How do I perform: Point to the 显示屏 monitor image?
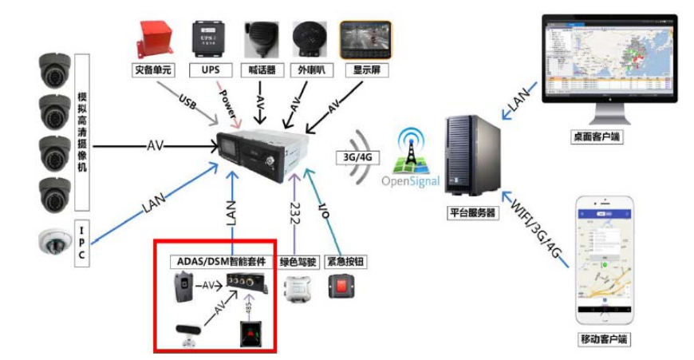coord(365,38)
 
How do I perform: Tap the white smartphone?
coord(604,259)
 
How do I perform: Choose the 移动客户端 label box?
coord(604,339)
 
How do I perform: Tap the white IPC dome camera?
coord(55,240)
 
